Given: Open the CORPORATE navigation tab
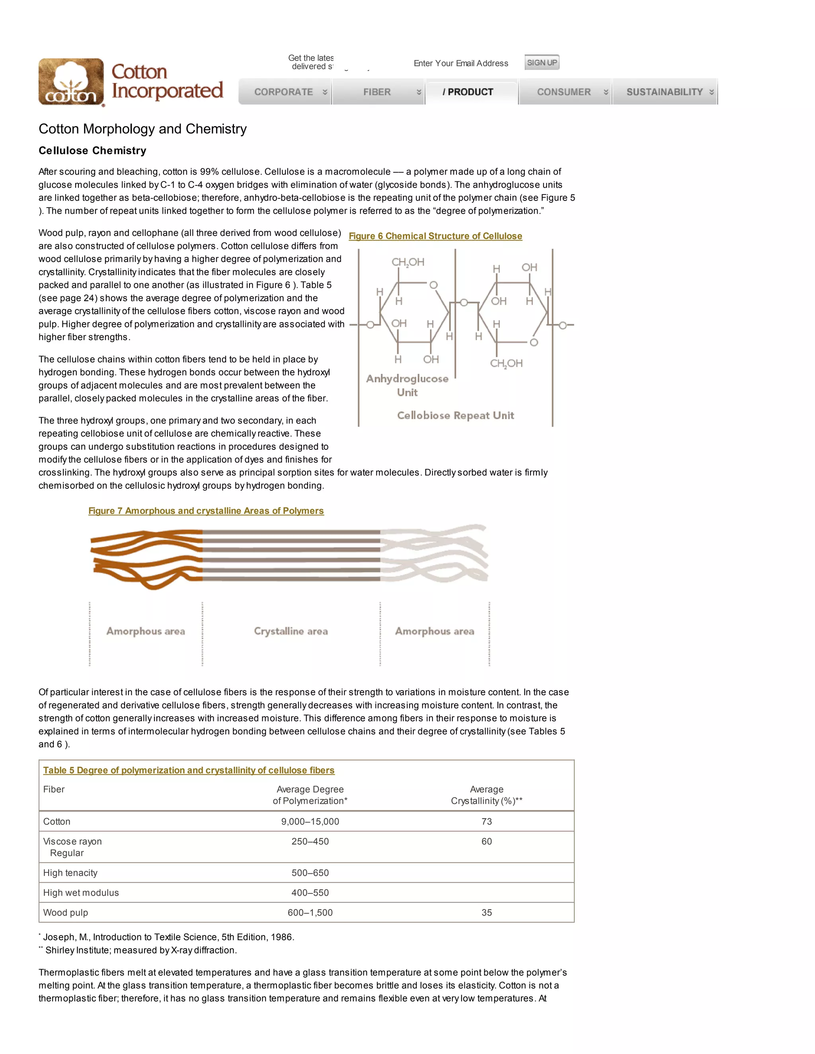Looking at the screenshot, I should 284,92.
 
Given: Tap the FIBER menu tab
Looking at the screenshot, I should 377,92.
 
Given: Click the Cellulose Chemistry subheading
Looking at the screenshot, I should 92,151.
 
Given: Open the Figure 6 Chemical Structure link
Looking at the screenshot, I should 435,236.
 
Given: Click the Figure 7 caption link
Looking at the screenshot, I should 206,511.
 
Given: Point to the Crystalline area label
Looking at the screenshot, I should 291,631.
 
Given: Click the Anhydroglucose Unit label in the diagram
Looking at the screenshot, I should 407,385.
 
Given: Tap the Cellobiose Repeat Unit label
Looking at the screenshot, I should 455,416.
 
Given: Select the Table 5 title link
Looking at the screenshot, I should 189,770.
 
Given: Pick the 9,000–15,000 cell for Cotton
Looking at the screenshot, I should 310,821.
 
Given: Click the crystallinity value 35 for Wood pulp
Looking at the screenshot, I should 486,912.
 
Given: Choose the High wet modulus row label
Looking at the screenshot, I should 81,893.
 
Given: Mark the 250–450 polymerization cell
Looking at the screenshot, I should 310,841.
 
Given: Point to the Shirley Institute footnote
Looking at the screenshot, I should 140,950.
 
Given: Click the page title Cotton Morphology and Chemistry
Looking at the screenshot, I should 142,129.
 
